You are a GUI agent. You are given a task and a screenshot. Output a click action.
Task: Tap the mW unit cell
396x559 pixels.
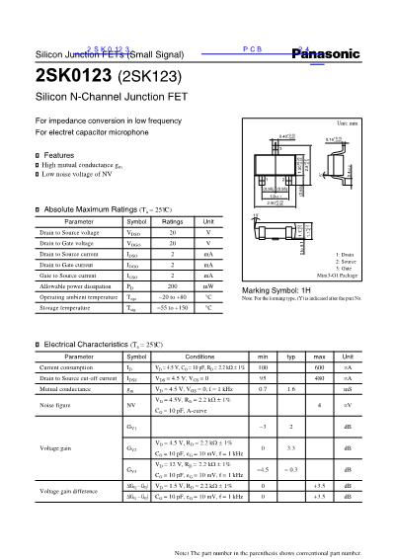click(x=207, y=285)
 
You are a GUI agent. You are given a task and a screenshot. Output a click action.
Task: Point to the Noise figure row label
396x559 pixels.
click(x=55, y=404)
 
